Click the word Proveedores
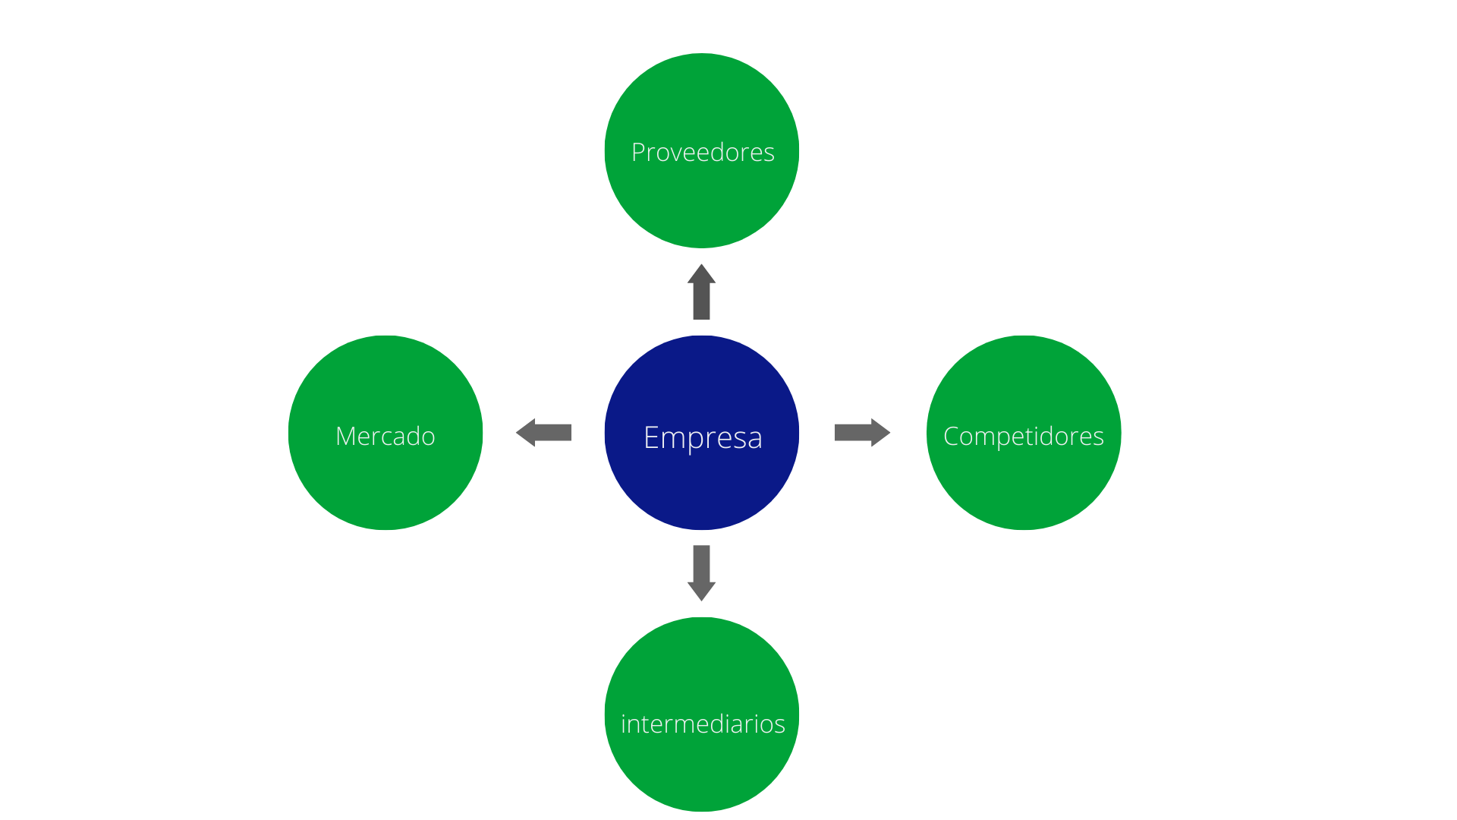(x=703, y=152)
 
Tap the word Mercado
(x=385, y=436)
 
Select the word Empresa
(x=703, y=438)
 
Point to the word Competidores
(x=1024, y=437)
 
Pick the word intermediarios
(x=703, y=724)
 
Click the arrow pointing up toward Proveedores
(x=702, y=292)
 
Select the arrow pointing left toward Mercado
(x=543, y=433)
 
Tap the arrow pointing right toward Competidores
(x=862, y=433)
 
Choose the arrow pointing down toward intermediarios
(x=702, y=573)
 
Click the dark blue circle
(x=702, y=433)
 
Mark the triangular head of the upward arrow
(x=702, y=274)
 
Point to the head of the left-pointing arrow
(x=526, y=433)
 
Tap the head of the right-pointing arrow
(x=880, y=433)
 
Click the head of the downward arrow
(x=702, y=591)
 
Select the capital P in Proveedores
(x=639, y=153)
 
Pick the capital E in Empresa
(x=650, y=437)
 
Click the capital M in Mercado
(x=346, y=437)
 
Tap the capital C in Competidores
(x=952, y=437)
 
